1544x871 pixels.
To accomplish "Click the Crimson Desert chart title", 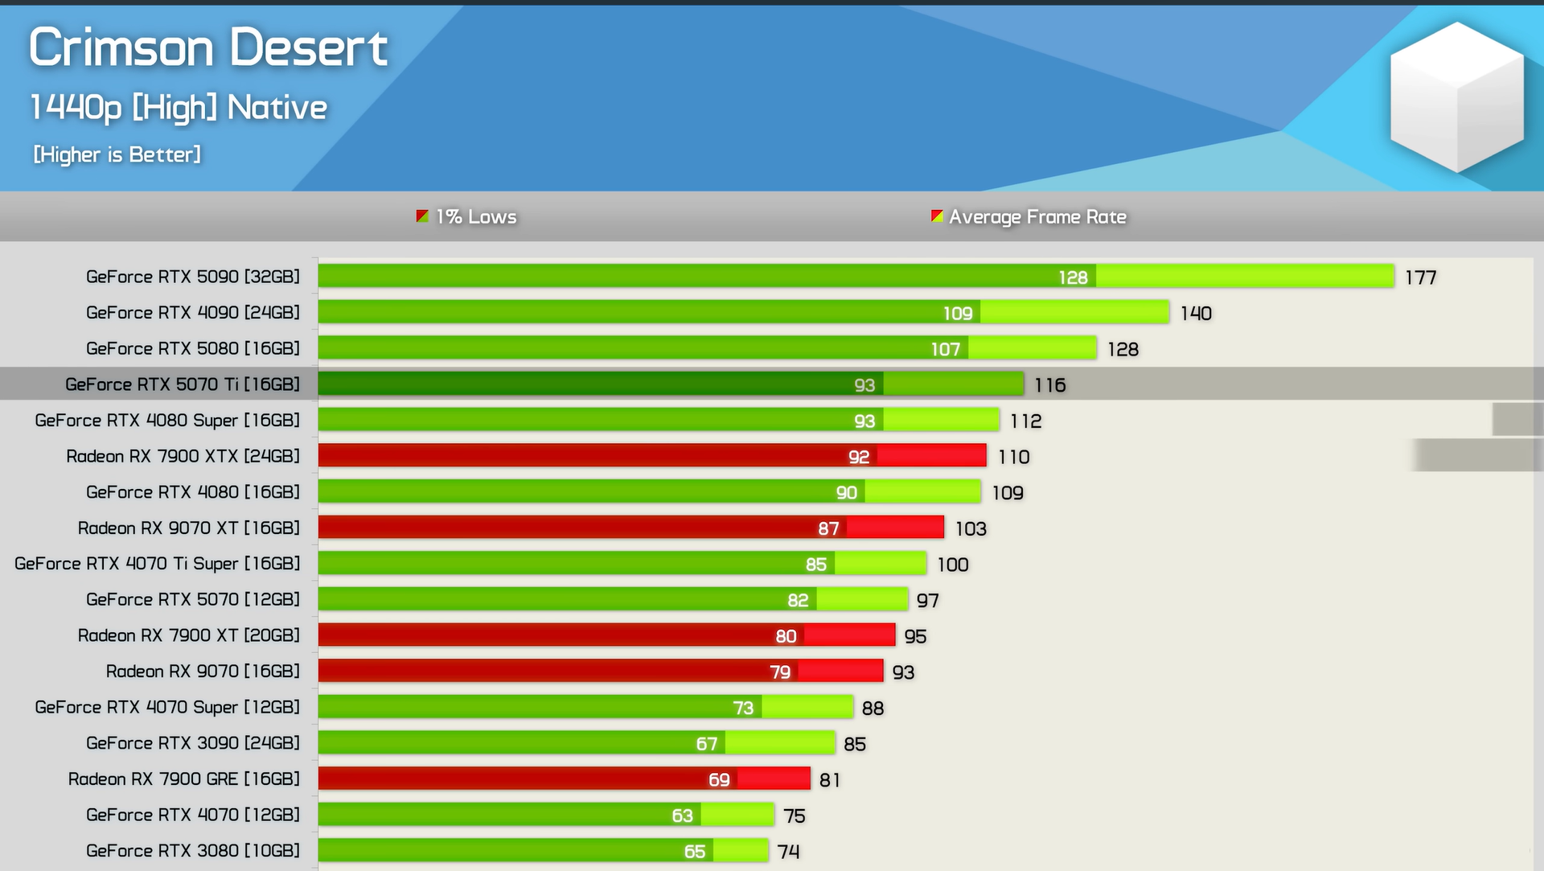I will pos(208,47).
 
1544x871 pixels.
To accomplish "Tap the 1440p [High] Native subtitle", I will pos(179,108).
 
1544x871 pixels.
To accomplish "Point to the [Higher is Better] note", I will pos(117,154).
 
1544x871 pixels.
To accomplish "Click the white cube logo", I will pos(1456,97).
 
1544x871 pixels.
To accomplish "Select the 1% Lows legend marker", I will pos(422,216).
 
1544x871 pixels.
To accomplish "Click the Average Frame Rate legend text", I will pos(1037,217).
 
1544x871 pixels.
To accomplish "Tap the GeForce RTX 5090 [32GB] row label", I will pos(193,277).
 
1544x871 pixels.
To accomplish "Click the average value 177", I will pos(1420,277).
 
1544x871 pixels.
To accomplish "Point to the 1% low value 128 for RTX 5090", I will pos(1073,277).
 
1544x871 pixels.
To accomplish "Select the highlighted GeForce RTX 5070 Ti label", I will pos(183,384).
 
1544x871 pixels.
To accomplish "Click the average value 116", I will pos(1049,385).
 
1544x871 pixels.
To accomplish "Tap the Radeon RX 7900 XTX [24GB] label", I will pos(183,456).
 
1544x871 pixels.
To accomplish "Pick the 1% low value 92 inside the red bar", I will pos(859,457).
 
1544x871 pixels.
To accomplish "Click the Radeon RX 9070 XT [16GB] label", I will pos(188,528).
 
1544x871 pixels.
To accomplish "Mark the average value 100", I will pos(952,565).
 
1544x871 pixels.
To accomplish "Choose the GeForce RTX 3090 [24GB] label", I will pos(193,743).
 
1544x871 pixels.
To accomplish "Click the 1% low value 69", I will pos(719,779).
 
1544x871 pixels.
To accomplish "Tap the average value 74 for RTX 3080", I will pos(788,851).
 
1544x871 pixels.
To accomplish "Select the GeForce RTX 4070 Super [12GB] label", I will pos(167,707).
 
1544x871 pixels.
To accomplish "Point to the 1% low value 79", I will pos(780,672).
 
